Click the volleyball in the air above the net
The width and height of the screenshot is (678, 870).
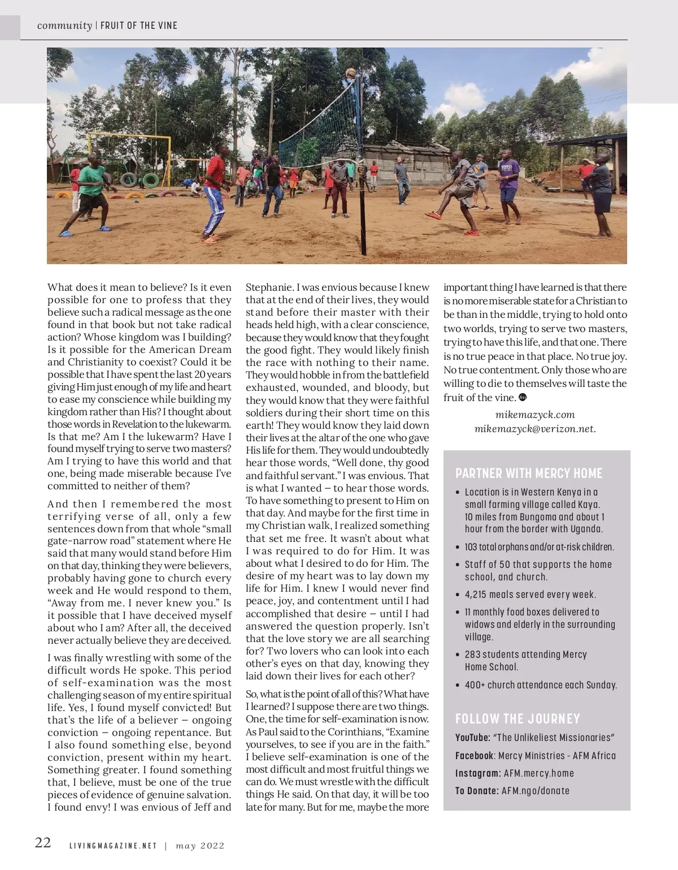pos(350,73)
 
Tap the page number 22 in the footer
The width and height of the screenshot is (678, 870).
pos(43,842)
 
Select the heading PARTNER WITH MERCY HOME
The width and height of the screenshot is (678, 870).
pos(529,473)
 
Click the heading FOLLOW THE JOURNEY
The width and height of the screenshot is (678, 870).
pos(518,718)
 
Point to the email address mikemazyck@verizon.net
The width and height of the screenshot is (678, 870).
pos(535,428)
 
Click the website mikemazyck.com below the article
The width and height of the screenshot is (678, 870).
pos(535,415)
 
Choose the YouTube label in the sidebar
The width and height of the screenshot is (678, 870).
pos(472,738)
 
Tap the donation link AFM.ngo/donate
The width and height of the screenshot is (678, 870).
pos(536,791)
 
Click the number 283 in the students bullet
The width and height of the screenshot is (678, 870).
pos(473,654)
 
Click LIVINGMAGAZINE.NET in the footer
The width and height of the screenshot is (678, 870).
pos(112,846)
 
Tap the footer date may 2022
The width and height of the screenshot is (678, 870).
pos(200,846)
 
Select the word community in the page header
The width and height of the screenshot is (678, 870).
pos(64,25)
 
